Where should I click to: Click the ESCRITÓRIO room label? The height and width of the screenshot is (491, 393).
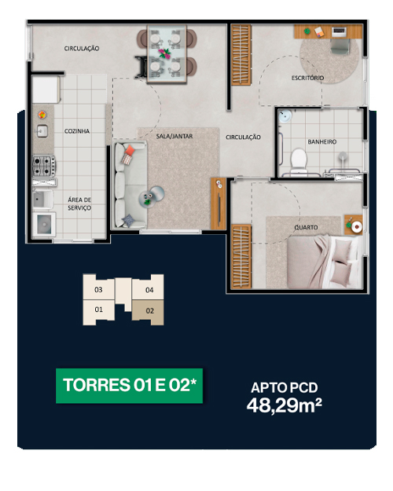307,78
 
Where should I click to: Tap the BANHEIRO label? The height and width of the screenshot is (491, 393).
321,142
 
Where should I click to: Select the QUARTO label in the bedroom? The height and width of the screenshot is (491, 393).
306,227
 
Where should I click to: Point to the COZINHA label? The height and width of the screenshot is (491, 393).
77,131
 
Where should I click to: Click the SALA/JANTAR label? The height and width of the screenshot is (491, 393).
174,136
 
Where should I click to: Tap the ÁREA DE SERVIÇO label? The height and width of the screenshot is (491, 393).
79,203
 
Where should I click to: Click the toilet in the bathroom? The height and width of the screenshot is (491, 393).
299,160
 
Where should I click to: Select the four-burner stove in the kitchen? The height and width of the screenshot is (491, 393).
44,166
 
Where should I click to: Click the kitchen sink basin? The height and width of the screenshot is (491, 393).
42,131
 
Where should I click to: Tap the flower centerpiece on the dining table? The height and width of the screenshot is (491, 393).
164,53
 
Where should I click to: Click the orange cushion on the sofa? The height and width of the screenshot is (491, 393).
130,151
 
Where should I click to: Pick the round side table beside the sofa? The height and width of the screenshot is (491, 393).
156,194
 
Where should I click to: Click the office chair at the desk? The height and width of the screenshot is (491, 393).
340,46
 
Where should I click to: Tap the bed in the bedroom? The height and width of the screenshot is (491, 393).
325,261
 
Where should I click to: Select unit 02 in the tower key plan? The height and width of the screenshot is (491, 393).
149,312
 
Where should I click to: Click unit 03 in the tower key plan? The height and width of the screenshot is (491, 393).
98,289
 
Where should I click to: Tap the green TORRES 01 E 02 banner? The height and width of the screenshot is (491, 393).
130,386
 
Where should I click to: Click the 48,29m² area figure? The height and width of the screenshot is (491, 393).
285,406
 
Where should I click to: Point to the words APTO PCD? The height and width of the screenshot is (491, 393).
285,387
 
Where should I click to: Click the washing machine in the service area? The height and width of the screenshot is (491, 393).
44,224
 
